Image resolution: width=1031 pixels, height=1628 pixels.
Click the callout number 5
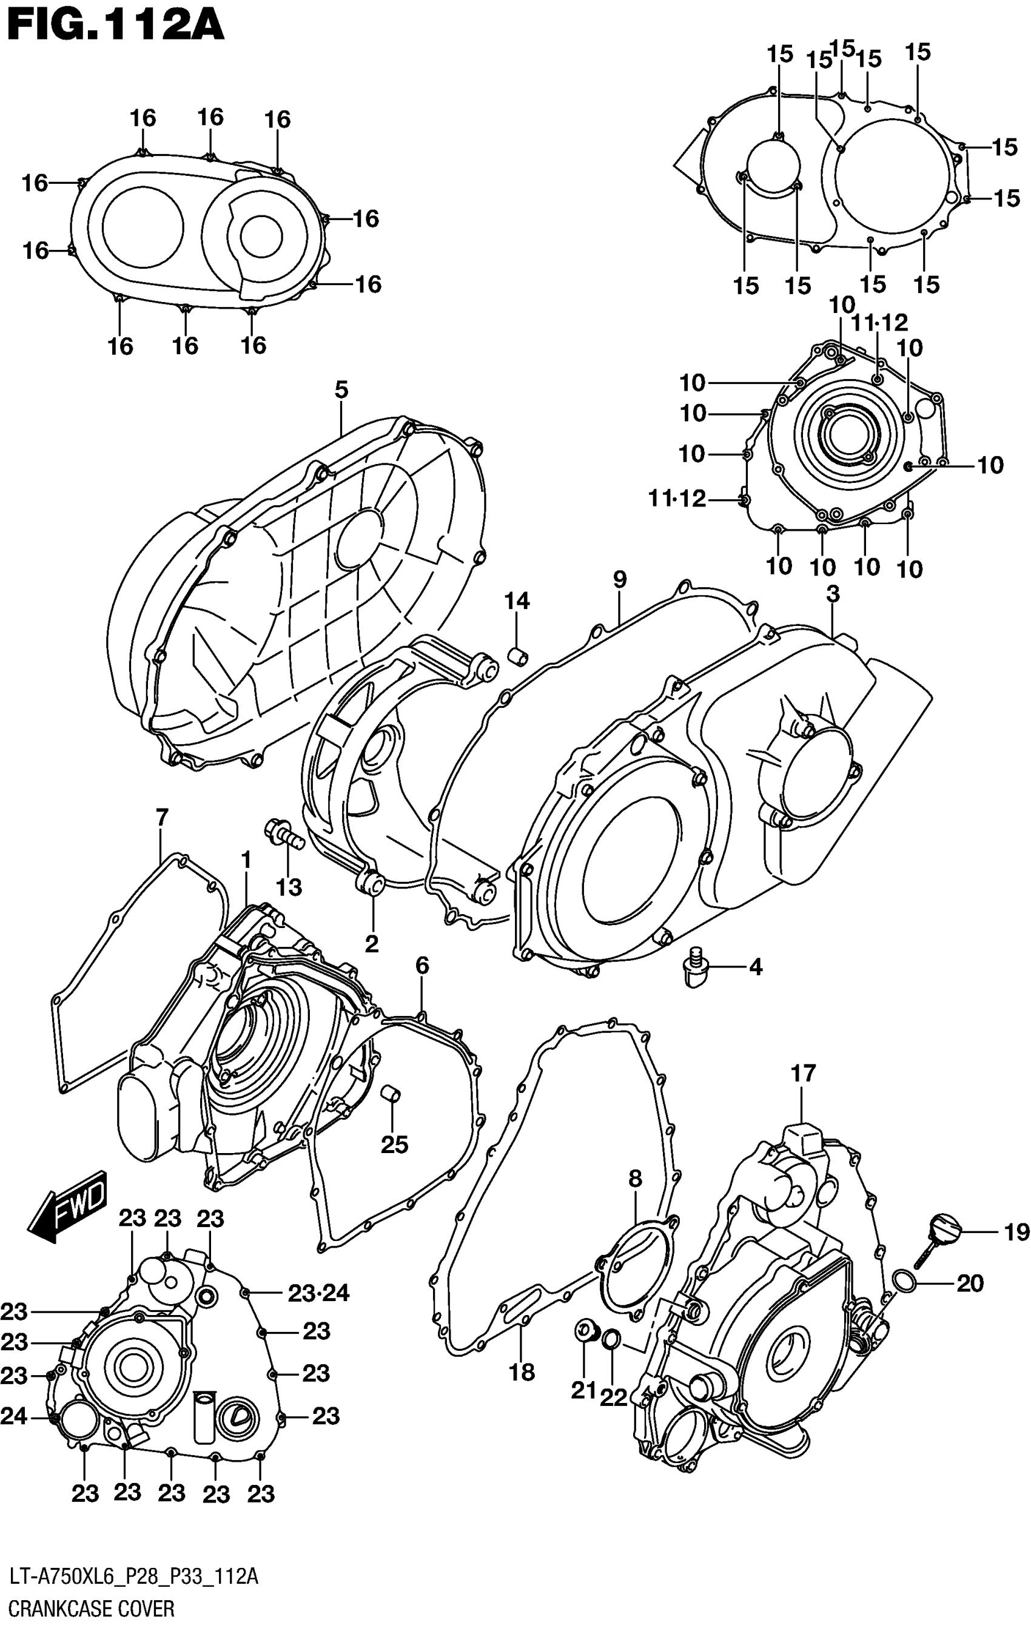point(341,390)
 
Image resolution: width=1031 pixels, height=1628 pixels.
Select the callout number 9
point(619,579)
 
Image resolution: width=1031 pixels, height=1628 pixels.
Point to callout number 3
point(833,594)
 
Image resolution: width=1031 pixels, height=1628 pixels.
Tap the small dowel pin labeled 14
point(518,655)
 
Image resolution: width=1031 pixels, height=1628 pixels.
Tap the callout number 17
point(804,1074)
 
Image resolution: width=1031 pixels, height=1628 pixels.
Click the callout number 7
point(161,818)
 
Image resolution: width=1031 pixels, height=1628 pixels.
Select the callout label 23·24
point(318,1293)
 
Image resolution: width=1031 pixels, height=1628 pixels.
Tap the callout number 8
point(635,1179)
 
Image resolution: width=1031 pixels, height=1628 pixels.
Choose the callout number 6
point(422,966)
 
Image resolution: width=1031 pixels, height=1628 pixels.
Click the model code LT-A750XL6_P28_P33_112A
point(133,1579)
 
